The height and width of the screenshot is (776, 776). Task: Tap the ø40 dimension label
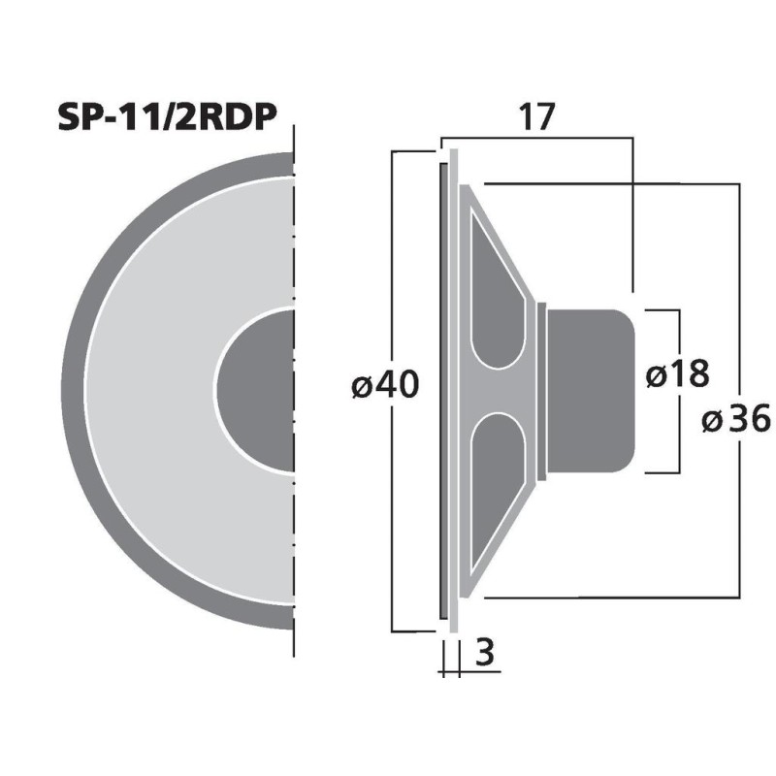[x=384, y=386]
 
